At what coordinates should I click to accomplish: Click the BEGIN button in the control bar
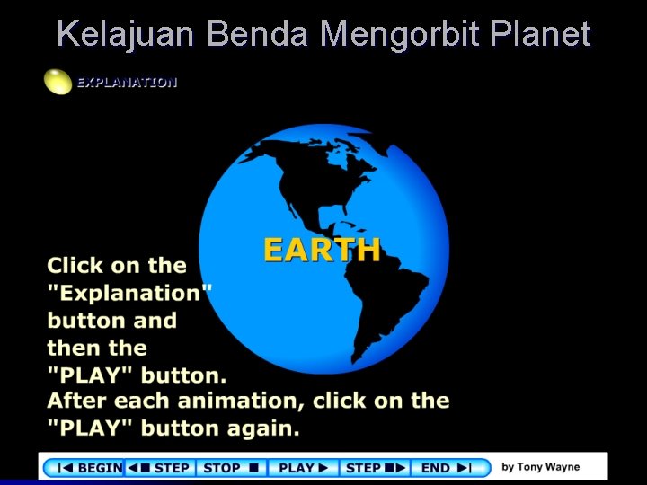coord(89,467)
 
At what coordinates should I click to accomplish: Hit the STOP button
coord(230,467)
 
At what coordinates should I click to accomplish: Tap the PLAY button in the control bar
coord(306,467)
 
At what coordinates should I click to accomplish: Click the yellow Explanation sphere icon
coord(58,82)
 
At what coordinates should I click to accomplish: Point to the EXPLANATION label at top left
coord(127,82)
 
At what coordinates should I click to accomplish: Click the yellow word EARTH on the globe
coord(322,250)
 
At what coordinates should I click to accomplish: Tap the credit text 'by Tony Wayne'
coord(540,467)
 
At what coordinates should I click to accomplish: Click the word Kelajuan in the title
coord(127,34)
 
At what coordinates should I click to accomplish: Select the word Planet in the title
coord(541,34)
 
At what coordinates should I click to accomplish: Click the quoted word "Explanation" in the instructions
coord(129,293)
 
